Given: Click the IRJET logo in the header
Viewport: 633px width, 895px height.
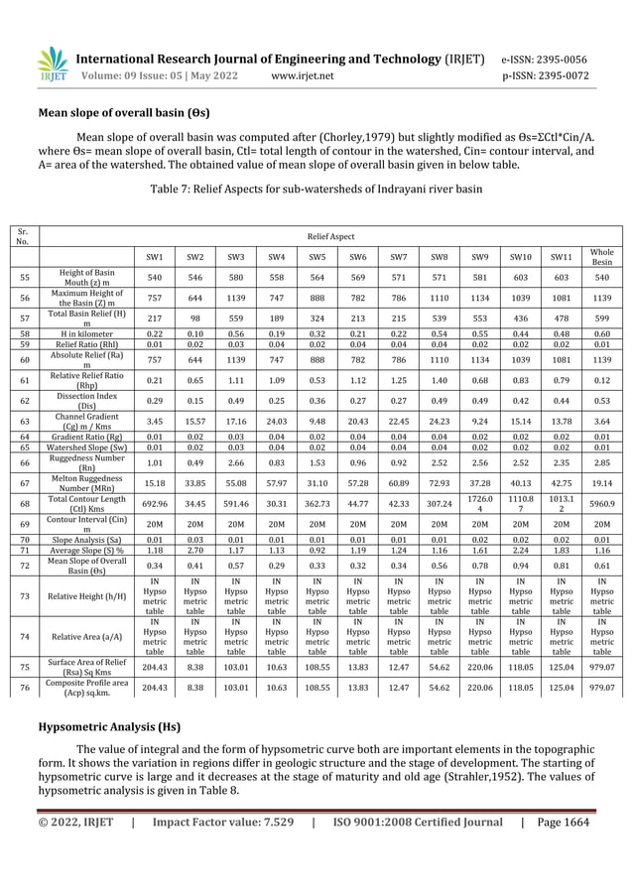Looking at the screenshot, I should click(x=52, y=65).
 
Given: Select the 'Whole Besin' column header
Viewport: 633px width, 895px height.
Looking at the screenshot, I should click(x=601, y=258).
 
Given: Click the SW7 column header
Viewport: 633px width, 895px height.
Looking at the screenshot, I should click(x=398, y=258).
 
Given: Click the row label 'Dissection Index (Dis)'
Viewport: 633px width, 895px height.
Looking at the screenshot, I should click(x=87, y=401).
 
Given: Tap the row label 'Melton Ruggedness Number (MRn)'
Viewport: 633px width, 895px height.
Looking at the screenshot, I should click(x=87, y=483).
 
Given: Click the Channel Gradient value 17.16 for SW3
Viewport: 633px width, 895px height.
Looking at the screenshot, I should click(x=236, y=422).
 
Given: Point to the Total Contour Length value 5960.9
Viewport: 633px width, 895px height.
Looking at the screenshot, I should click(x=601, y=504).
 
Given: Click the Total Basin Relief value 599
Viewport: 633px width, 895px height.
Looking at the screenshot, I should click(x=601, y=318).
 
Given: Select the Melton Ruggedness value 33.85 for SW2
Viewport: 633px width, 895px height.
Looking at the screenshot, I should click(x=195, y=483).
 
